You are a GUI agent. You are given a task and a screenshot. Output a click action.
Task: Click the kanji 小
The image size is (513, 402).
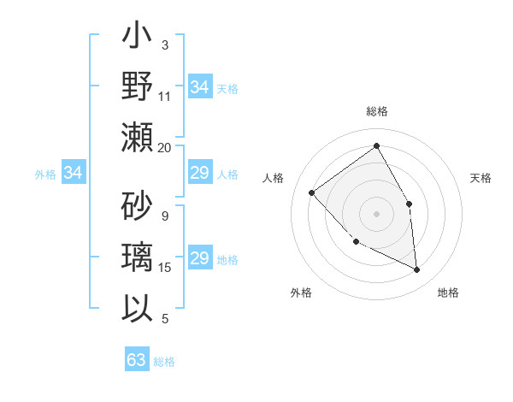pyautogui.click(x=137, y=39)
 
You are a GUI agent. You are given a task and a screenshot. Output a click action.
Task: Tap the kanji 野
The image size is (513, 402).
pyautogui.click(x=137, y=87)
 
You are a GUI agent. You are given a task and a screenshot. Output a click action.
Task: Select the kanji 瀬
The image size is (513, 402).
pyautogui.click(x=137, y=137)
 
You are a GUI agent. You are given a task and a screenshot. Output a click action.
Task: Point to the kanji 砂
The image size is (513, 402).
pyautogui.click(x=137, y=206)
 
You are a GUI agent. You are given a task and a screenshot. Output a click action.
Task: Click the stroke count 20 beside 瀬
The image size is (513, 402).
pyautogui.click(x=164, y=147)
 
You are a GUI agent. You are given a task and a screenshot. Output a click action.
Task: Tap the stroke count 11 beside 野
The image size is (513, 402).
pyautogui.click(x=165, y=97)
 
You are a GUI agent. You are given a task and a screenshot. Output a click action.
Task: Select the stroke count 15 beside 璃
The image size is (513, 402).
pyautogui.click(x=165, y=268)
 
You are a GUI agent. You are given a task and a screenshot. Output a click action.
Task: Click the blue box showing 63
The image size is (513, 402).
pyautogui.click(x=137, y=359)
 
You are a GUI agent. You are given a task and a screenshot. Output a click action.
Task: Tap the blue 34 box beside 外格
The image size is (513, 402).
pyautogui.click(x=74, y=174)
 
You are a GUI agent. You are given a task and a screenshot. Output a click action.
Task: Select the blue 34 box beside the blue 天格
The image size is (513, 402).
pyautogui.click(x=199, y=87)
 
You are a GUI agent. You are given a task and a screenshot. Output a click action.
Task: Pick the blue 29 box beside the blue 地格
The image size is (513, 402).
pyautogui.click(x=199, y=259)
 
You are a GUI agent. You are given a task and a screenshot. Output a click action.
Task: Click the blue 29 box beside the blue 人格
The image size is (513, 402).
pyautogui.click(x=199, y=174)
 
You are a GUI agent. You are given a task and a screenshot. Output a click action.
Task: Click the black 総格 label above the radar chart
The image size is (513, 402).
pyautogui.click(x=376, y=111)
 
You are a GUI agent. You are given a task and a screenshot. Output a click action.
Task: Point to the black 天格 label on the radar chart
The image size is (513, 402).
pyautogui.click(x=481, y=178)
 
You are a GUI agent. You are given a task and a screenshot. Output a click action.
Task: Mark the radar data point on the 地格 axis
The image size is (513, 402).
pyautogui.click(x=416, y=269)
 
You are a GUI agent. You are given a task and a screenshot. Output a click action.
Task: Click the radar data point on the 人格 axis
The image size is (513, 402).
pyautogui.click(x=312, y=192)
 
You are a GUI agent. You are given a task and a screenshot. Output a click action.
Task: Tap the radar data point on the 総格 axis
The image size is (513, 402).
pyautogui.click(x=376, y=145)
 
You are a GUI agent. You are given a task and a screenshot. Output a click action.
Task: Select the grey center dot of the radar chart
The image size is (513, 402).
pyautogui.click(x=376, y=213)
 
